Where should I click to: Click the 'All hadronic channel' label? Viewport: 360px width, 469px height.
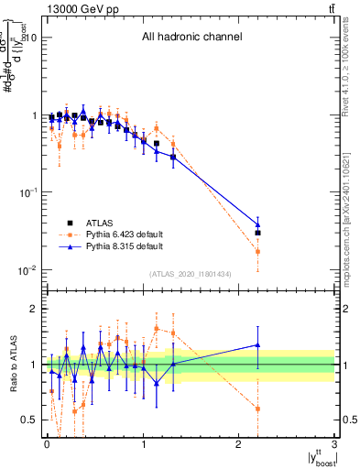191,38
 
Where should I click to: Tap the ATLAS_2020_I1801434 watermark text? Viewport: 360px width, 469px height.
190,274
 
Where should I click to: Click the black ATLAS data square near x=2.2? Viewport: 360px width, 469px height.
258,233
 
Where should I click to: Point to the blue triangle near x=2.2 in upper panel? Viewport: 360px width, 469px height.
258,224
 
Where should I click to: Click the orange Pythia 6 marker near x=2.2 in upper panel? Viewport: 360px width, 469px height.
258,251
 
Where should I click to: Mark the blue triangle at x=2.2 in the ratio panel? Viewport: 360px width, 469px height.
258,345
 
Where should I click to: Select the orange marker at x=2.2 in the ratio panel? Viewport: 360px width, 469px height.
258,409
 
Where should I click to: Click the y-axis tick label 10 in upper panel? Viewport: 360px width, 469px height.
29,38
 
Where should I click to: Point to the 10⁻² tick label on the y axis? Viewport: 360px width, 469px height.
26,269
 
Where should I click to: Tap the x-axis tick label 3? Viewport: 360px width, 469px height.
335,445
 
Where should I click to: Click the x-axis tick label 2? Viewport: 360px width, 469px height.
239,445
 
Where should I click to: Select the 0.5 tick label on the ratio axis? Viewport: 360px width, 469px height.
27,420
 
